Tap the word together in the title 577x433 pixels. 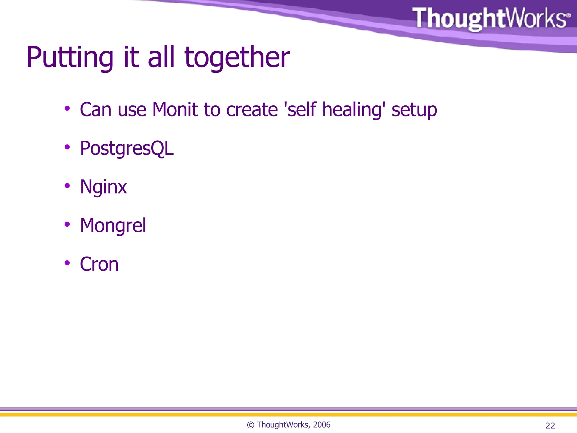click(237, 58)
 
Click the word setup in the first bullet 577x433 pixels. click(414, 110)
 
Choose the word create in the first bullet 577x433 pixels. click(252, 110)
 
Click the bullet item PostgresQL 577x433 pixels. click(127, 148)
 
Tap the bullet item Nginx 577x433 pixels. click(103, 187)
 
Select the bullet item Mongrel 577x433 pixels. click(113, 226)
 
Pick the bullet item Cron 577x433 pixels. click(99, 264)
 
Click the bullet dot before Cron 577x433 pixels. click(67, 263)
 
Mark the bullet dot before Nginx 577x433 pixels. click(67, 186)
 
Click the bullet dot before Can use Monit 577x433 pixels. click(67, 109)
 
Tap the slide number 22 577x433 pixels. click(550, 425)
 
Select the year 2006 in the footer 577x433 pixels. click(321, 425)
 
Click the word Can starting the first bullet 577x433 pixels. click(96, 110)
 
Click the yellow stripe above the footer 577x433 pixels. click(288, 414)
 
